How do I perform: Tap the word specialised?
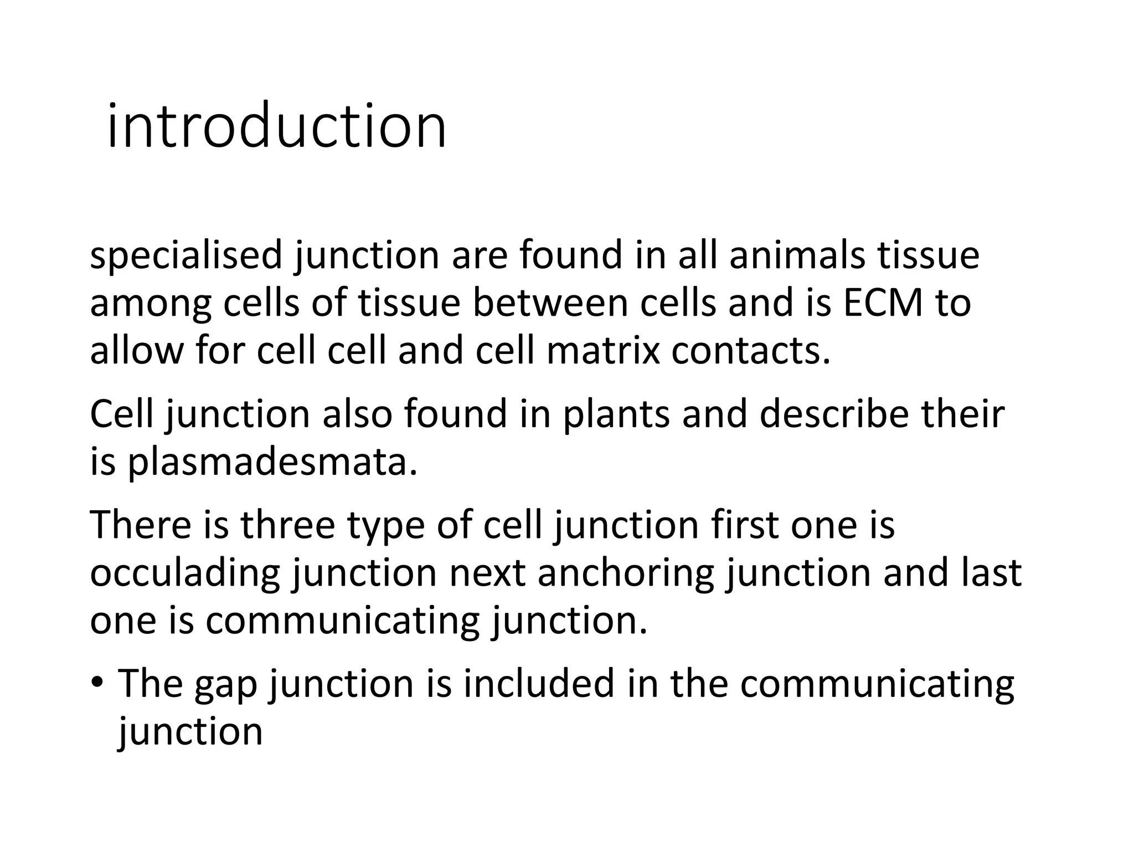coord(186,256)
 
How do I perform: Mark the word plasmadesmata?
coord(272,462)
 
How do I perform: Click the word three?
coord(287,525)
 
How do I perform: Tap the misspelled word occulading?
coord(185,574)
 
